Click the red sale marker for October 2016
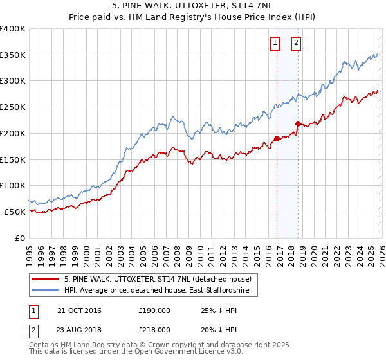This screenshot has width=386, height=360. pyautogui.click(x=277, y=138)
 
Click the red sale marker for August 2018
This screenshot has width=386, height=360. pyautogui.click(x=298, y=123)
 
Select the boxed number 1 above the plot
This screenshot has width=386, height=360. pyautogui.click(x=275, y=43)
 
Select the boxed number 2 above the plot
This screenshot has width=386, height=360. pyautogui.click(x=296, y=43)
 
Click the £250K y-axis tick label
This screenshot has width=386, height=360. pyautogui.click(x=14, y=107)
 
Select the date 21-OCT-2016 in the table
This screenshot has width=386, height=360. pyautogui.click(x=79, y=310)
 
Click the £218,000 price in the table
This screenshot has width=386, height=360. pyautogui.click(x=154, y=329)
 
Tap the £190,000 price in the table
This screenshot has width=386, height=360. pyautogui.click(x=154, y=310)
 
